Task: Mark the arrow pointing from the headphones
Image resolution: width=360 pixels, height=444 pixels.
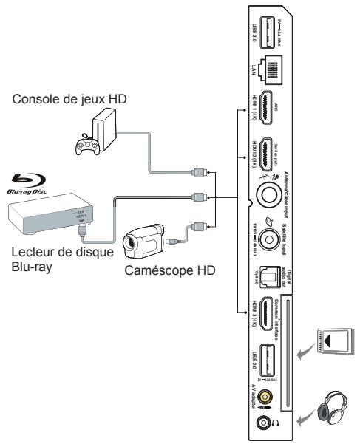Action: [x=305, y=418]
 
